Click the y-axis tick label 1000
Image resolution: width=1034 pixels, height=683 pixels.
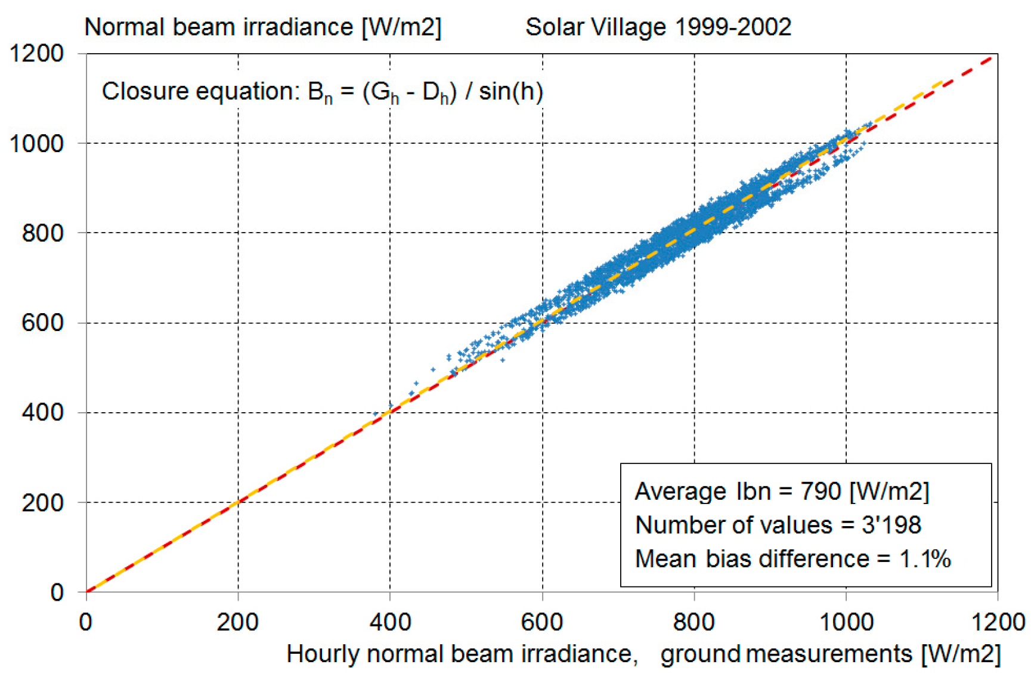pyautogui.click(x=36, y=143)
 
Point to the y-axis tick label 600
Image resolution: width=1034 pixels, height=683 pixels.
pyautogui.click(x=42, y=323)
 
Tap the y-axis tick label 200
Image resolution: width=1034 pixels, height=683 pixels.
pyautogui.click(x=42, y=503)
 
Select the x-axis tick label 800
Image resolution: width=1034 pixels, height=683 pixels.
pyautogui.click(x=694, y=623)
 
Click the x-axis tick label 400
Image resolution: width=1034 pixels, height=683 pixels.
pyautogui.click(x=390, y=623)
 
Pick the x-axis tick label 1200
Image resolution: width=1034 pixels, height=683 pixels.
pyautogui.click(x=998, y=623)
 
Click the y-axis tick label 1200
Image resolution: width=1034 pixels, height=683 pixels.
pyautogui.click(x=36, y=54)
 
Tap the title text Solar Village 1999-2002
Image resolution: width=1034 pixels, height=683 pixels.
pyautogui.click(x=658, y=27)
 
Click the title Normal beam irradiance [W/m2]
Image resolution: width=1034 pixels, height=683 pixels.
pyautogui.click(x=262, y=27)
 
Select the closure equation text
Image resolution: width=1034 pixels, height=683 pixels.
pyautogui.click(x=322, y=92)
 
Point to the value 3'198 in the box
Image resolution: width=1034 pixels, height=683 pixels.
pyautogui.click(x=891, y=526)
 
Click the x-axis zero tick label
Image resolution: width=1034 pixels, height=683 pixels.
pyautogui.click(x=86, y=623)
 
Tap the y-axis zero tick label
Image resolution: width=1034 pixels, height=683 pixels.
pyautogui.click(x=57, y=592)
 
